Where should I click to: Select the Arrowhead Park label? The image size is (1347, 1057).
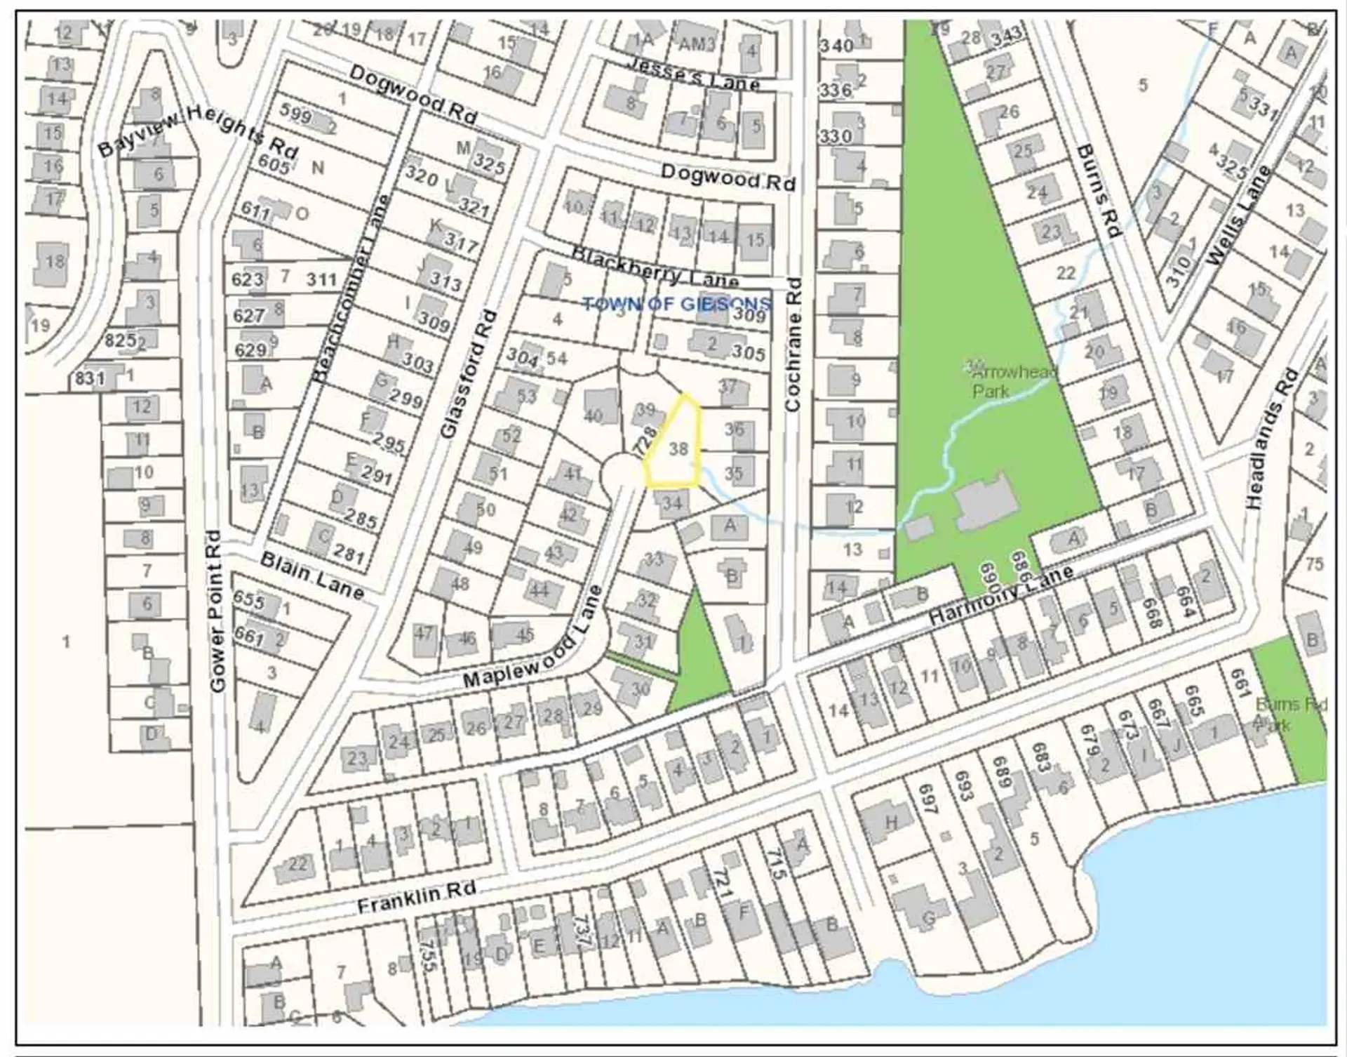click(1014, 381)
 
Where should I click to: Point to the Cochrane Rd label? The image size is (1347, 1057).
click(793, 345)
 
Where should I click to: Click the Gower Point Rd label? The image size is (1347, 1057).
click(217, 611)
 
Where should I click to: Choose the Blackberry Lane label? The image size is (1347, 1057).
click(655, 267)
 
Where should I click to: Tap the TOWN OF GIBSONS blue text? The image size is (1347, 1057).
click(676, 305)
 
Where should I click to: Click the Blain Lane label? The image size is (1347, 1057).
click(312, 576)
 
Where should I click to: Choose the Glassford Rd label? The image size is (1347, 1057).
click(469, 375)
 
